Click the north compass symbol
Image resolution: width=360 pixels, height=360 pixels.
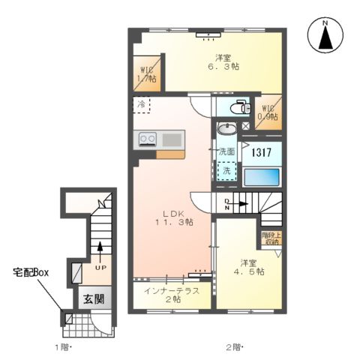click(325, 34)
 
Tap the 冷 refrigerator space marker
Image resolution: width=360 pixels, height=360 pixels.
click(142, 105)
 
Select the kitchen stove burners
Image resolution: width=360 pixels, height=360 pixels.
click(146, 139)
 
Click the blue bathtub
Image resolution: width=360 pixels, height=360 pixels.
click(262, 178)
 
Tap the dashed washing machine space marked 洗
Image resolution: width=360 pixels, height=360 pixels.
click(226, 171)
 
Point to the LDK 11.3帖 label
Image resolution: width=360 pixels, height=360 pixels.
click(174, 218)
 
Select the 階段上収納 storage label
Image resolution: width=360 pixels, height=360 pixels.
click(270, 238)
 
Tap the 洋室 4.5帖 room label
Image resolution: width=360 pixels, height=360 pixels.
click(251, 268)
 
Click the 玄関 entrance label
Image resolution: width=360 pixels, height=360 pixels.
click(94, 298)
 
